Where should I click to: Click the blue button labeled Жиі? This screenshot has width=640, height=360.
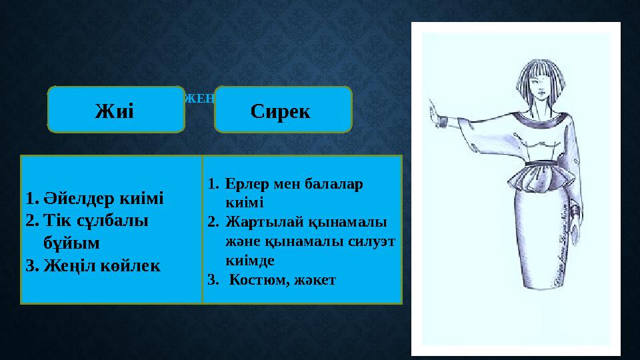116,109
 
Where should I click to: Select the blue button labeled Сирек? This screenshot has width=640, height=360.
282,109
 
